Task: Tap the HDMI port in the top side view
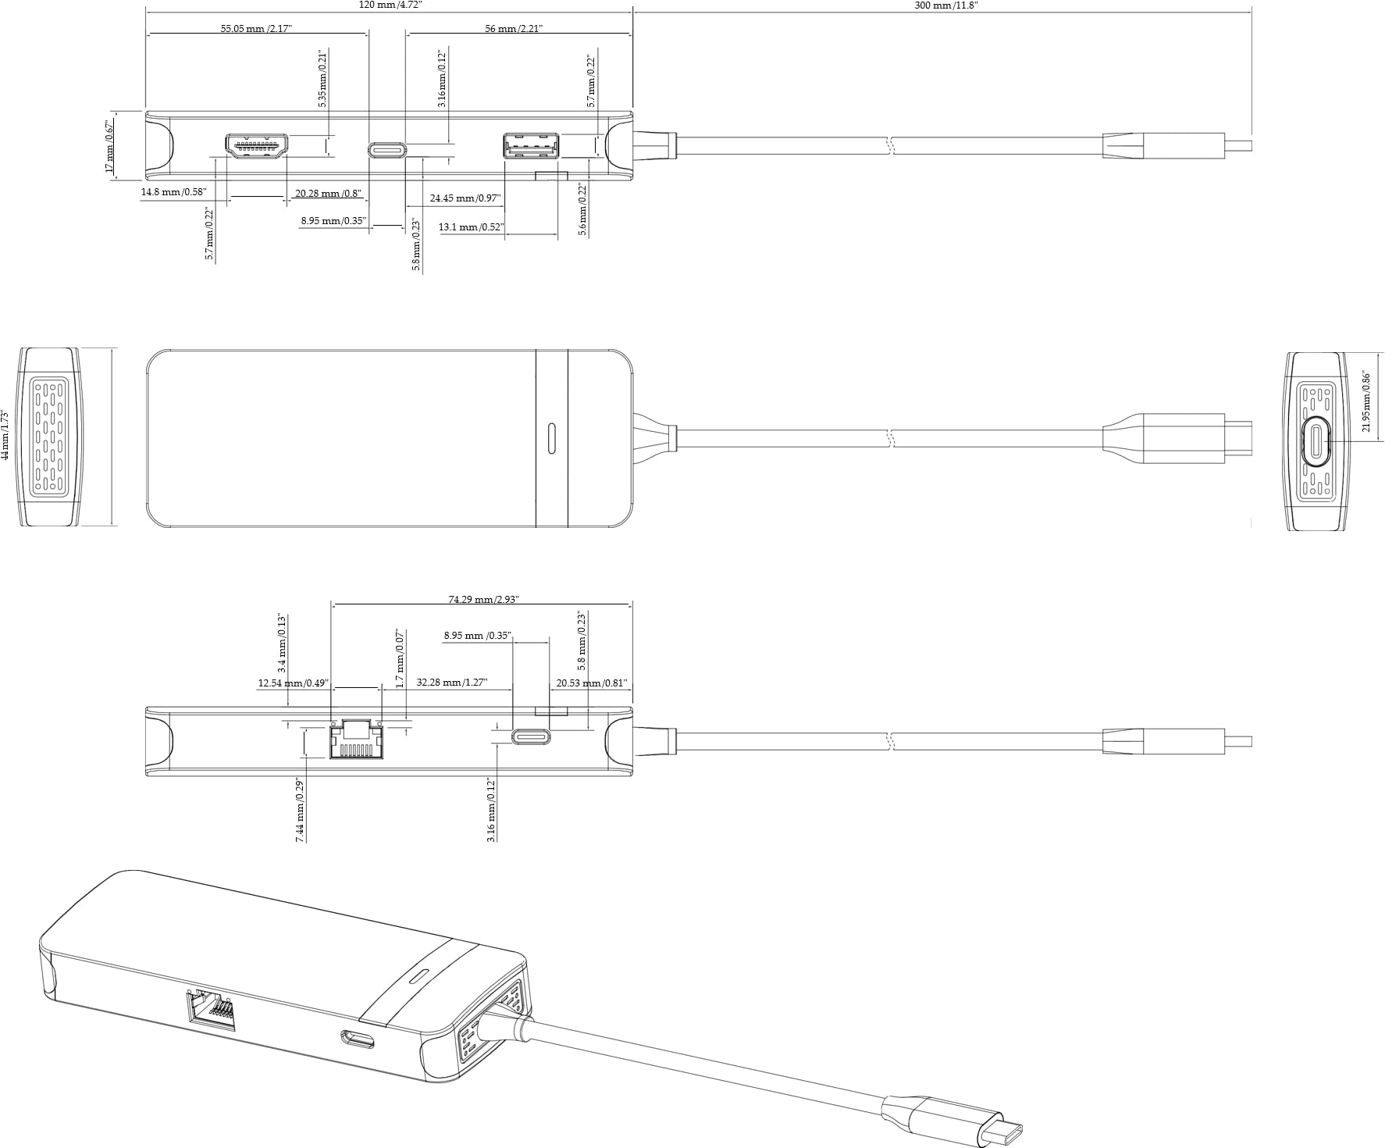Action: [257, 147]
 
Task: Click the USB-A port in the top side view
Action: [531, 146]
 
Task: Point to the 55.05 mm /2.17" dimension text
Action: [256, 29]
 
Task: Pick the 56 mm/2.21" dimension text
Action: [513, 29]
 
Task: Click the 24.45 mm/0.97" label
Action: [465, 198]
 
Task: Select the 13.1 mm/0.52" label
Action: [471, 227]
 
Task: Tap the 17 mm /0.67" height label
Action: [110, 147]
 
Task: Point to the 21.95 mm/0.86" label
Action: [1366, 401]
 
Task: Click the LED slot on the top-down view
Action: [552, 439]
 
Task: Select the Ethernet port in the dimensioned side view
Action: [356, 739]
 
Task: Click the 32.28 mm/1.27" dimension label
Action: [452, 683]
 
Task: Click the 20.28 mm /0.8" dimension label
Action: [328, 194]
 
